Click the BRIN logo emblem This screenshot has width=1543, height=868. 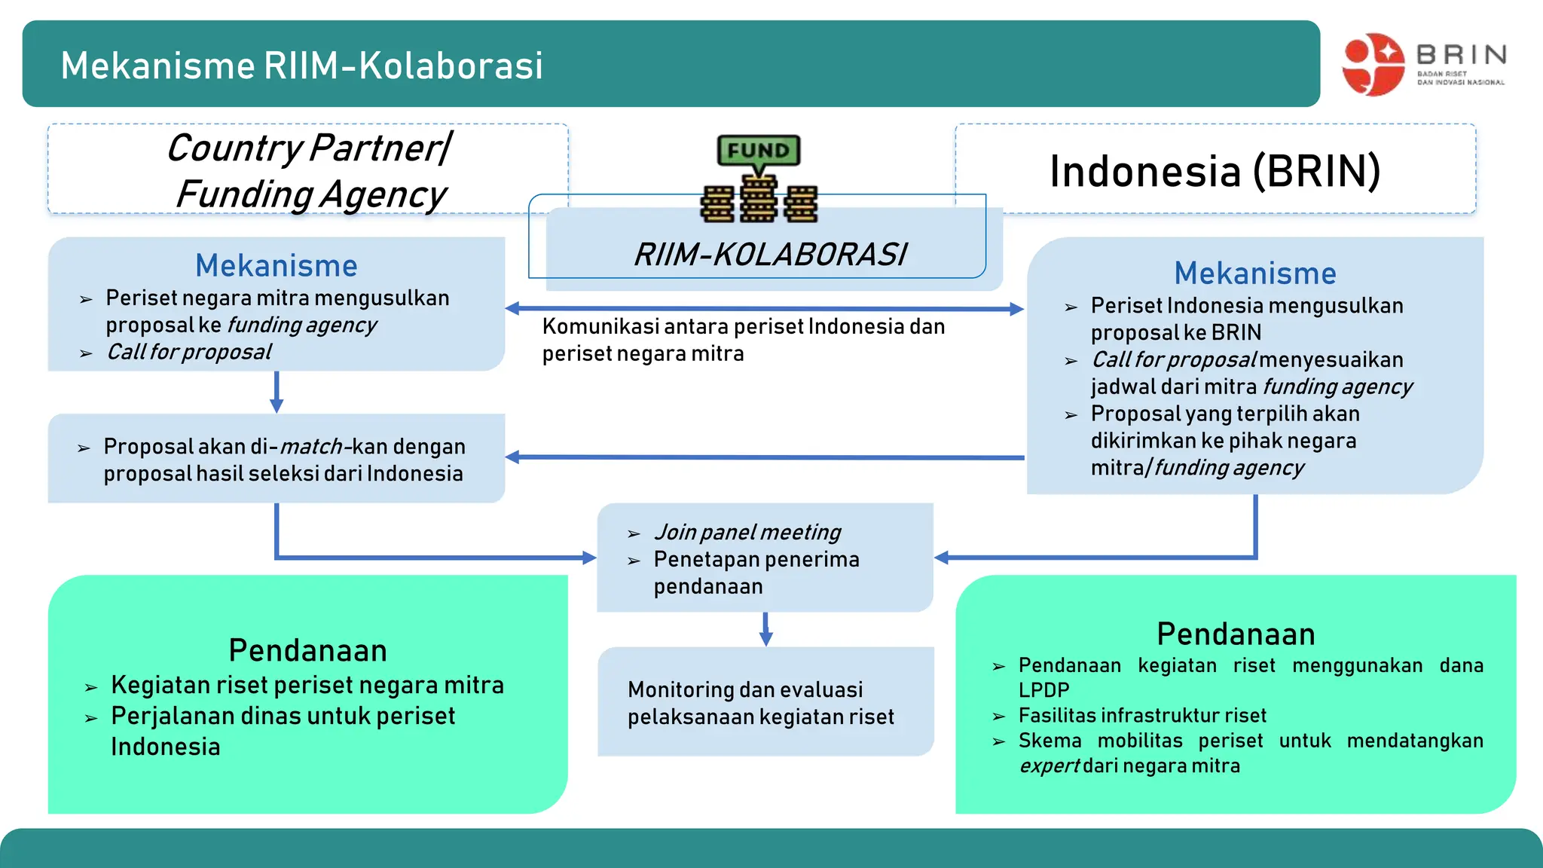(x=1373, y=64)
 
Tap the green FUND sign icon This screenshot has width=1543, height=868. (x=758, y=151)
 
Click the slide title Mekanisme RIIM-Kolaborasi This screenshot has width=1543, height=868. (x=301, y=66)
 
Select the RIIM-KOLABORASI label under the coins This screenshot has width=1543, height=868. (x=770, y=255)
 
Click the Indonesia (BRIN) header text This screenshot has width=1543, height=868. (x=1215, y=171)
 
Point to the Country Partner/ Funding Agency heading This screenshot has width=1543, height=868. (x=309, y=171)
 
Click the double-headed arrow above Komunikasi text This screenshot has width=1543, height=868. (x=764, y=308)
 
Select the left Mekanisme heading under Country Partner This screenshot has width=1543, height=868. (x=276, y=266)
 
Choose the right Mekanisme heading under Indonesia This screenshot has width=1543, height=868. (x=1254, y=274)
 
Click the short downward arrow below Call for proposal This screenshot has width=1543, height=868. (x=277, y=392)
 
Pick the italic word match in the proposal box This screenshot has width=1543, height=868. (x=311, y=447)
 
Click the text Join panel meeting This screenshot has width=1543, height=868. (x=747, y=532)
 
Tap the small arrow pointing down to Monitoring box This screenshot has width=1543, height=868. (x=765, y=629)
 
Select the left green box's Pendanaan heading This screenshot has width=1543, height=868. (x=307, y=650)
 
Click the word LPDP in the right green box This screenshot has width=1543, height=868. (x=1043, y=690)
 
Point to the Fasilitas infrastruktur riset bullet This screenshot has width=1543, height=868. (x=1142, y=715)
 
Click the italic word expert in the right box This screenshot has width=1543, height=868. (x=1049, y=766)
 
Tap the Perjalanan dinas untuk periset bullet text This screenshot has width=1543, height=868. (x=283, y=716)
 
